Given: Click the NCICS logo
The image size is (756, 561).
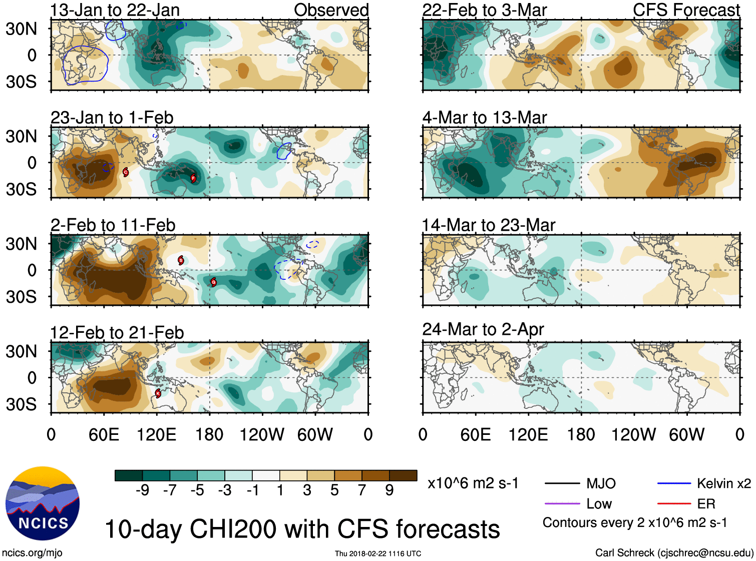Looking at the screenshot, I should tap(42, 503).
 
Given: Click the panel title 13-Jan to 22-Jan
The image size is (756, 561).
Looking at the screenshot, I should tap(115, 10).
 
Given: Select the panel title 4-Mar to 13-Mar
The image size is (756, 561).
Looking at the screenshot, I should tap(484, 118).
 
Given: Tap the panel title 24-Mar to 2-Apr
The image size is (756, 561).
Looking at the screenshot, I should tap(483, 329).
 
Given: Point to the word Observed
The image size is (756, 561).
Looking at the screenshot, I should tap(331, 10).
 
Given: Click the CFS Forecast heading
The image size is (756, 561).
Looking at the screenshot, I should tap(686, 10).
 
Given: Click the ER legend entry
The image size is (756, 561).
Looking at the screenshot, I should tap(706, 503).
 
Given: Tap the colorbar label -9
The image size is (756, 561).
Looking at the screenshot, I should tap(142, 490).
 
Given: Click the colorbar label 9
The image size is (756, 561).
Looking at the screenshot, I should tap(389, 490).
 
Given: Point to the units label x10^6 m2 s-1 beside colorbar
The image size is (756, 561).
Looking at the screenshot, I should tap(473, 483).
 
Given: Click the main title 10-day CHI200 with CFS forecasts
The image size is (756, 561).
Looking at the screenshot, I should tap(302, 529).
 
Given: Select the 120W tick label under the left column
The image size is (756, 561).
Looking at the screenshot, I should tap(262, 434).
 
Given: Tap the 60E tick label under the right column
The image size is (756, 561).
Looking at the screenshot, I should tap(475, 434).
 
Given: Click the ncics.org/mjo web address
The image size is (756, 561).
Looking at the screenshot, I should tap(32, 552).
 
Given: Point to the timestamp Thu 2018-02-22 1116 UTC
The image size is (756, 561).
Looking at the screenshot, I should tap(378, 553).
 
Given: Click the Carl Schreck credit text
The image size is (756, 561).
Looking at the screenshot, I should tap(674, 552).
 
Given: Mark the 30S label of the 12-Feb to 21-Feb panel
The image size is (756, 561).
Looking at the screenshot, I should tap(21, 404).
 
